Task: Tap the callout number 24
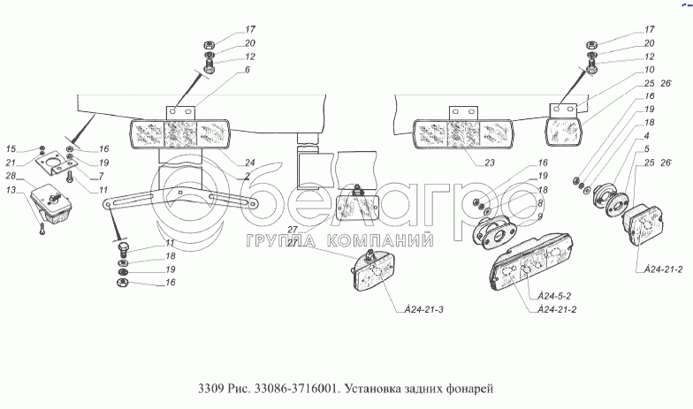pyautogui.click(x=250, y=163)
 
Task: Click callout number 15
pyautogui.click(x=11, y=148)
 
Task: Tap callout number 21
pyautogui.click(x=11, y=163)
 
